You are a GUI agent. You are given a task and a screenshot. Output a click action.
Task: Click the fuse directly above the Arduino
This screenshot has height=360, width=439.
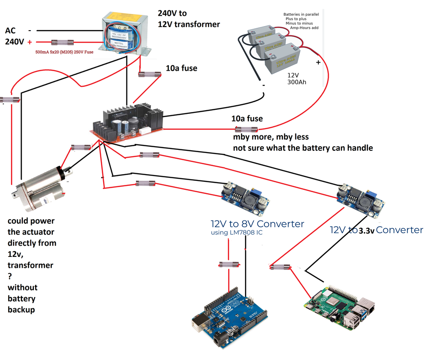(x=228, y=264)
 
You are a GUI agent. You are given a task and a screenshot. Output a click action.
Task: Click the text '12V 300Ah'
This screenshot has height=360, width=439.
(x=297, y=79)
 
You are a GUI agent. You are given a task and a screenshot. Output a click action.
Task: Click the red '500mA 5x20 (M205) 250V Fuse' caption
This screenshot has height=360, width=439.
(x=64, y=52)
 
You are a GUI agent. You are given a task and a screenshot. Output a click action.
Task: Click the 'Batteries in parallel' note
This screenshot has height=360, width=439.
(x=301, y=14)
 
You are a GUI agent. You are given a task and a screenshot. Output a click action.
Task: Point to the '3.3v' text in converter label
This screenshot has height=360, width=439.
(x=367, y=231)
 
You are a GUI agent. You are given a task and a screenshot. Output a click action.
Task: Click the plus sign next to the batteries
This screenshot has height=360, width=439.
(x=318, y=62)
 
